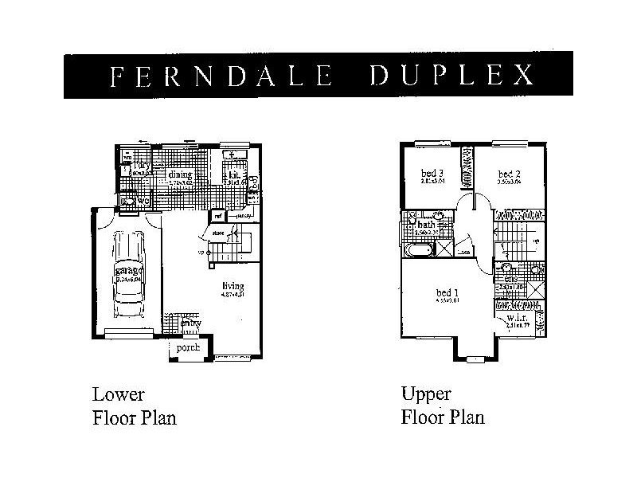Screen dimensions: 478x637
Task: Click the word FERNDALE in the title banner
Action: coord(220,76)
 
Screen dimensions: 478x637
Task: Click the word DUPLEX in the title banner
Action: coord(451,76)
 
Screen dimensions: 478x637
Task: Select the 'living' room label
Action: coord(233,286)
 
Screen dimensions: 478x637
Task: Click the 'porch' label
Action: coord(188,348)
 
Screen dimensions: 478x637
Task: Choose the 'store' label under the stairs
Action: coord(218,233)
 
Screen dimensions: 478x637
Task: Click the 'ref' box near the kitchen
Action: coord(217,215)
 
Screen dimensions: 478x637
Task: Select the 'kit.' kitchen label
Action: coord(235,174)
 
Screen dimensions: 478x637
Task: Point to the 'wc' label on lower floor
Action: coord(144,202)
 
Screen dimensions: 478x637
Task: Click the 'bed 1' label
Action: coord(447,293)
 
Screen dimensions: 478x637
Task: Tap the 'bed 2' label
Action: coord(509,174)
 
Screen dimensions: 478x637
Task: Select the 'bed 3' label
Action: coord(431,174)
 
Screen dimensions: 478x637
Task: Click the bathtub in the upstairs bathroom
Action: coord(419,250)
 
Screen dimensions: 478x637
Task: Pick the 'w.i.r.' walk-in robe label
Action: coord(517,321)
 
